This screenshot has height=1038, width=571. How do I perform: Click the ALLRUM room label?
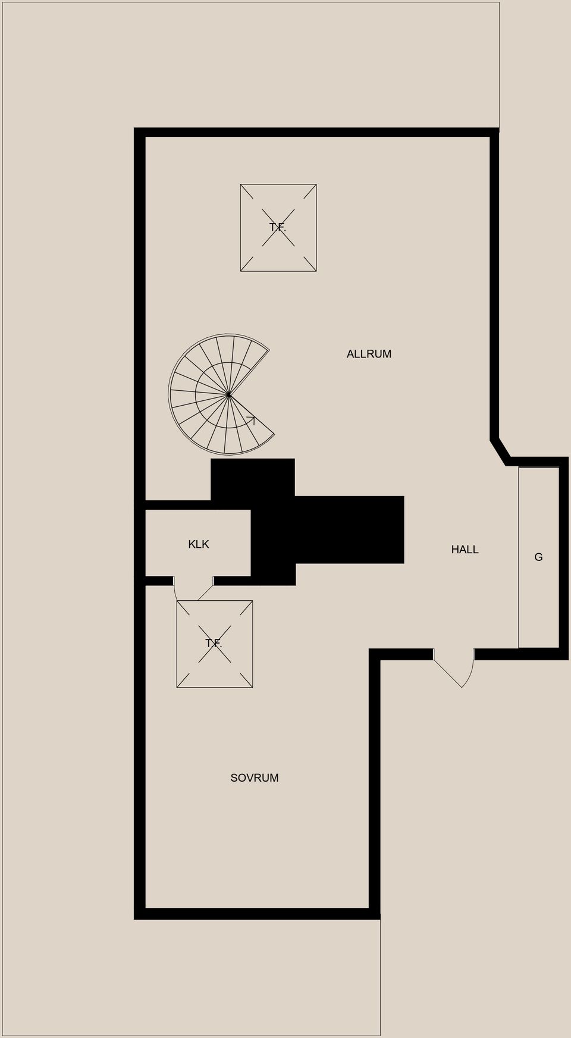point(369,354)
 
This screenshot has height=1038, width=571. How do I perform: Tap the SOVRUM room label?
point(255,777)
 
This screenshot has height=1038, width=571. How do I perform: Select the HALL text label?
point(465,550)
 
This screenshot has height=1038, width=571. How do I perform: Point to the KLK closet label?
point(199,544)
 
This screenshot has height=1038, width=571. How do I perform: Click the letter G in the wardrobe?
point(538,557)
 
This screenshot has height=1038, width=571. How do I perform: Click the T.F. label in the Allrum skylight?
point(278,227)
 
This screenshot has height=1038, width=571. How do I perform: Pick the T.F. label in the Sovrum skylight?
point(214,643)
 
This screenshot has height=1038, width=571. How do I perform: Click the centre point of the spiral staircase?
point(228,394)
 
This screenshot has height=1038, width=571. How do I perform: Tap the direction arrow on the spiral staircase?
point(250,420)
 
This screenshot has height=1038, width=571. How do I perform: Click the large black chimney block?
point(308,522)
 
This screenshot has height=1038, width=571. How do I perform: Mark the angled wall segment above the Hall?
point(500,451)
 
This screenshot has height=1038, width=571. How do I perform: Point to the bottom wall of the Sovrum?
point(257,914)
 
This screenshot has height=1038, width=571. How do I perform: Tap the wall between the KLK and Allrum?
point(178,504)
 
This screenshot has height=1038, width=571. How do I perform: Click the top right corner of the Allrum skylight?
point(316,184)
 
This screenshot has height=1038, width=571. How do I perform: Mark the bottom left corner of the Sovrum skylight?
point(177,688)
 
